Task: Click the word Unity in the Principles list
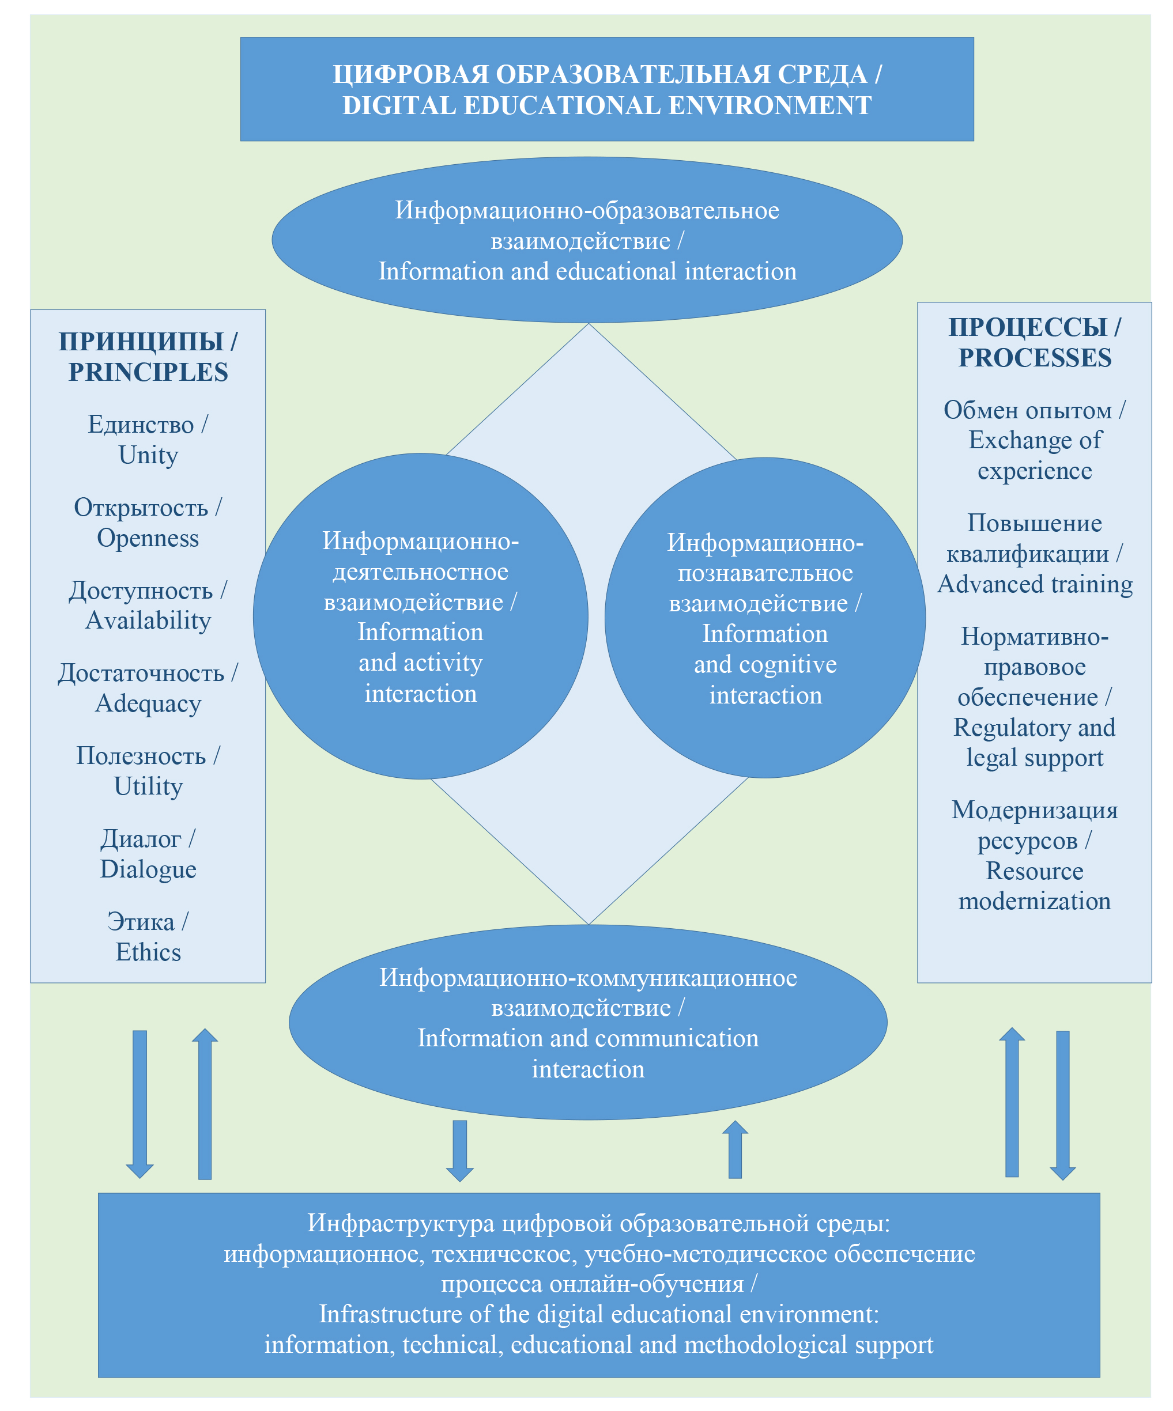(x=148, y=456)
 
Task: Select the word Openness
(x=148, y=538)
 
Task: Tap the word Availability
(x=148, y=621)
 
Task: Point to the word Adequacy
(x=148, y=703)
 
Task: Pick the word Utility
(x=148, y=786)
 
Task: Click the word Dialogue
(x=148, y=869)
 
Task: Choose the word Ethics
(x=148, y=952)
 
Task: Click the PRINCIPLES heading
(x=148, y=372)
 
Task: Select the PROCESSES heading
(x=1035, y=358)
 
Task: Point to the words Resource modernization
(x=1035, y=886)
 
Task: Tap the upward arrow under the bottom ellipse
(x=735, y=1149)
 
